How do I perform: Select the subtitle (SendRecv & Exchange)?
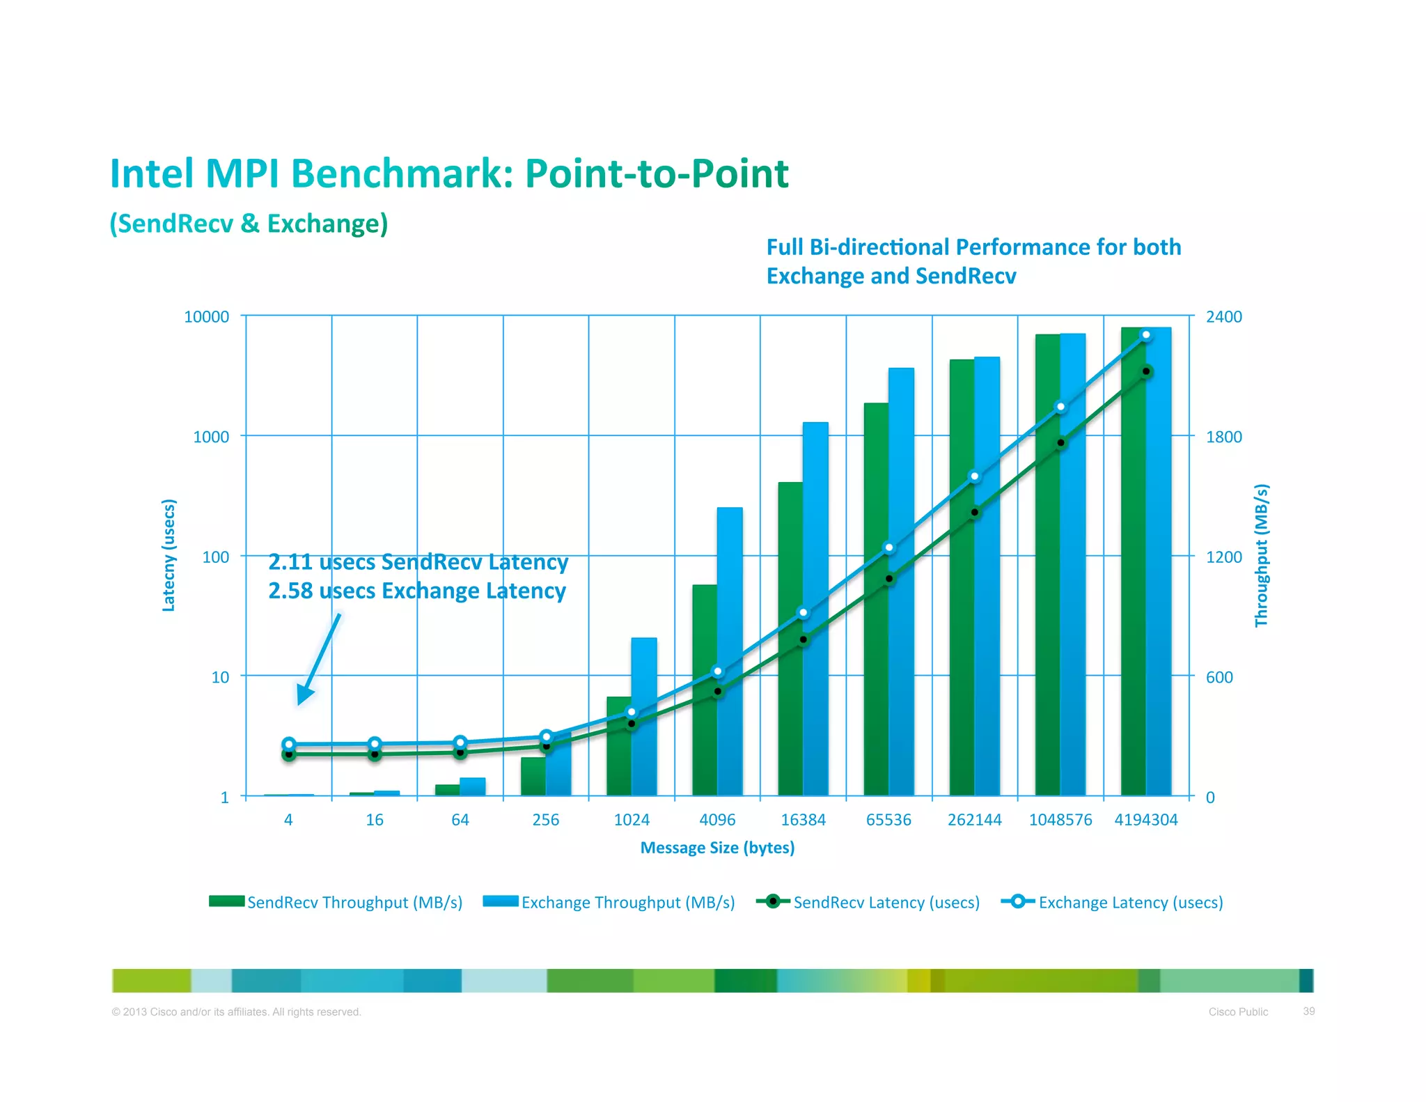pyautogui.click(x=249, y=224)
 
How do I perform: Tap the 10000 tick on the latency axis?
pyautogui.click(x=206, y=317)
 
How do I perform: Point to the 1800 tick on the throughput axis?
pyautogui.click(x=1223, y=437)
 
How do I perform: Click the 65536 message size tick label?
pyautogui.click(x=888, y=820)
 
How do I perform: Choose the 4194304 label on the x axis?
pyautogui.click(x=1146, y=820)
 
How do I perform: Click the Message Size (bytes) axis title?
pyautogui.click(x=717, y=848)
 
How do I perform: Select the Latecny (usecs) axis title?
pyautogui.click(x=169, y=555)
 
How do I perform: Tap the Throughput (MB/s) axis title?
pyautogui.click(x=1261, y=555)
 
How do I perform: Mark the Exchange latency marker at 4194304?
pyautogui.click(x=1146, y=335)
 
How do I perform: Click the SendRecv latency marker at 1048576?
pyautogui.click(x=1060, y=443)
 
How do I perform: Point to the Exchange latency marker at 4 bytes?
pyautogui.click(x=289, y=743)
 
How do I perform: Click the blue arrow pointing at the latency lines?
pyautogui.click(x=319, y=658)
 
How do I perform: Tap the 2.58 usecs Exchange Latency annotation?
pyautogui.click(x=416, y=591)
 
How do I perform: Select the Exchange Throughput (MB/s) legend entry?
pyautogui.click(x=609, y=902)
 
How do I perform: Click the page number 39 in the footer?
pyautogui.click(x=1308, y=1011)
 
